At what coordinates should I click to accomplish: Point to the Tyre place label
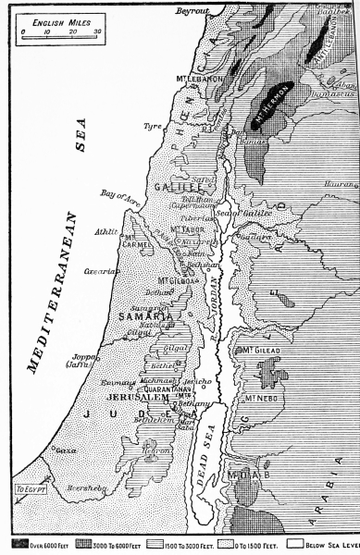(x=151, y=125)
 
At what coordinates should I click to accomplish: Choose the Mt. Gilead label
(x=262, y=351)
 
